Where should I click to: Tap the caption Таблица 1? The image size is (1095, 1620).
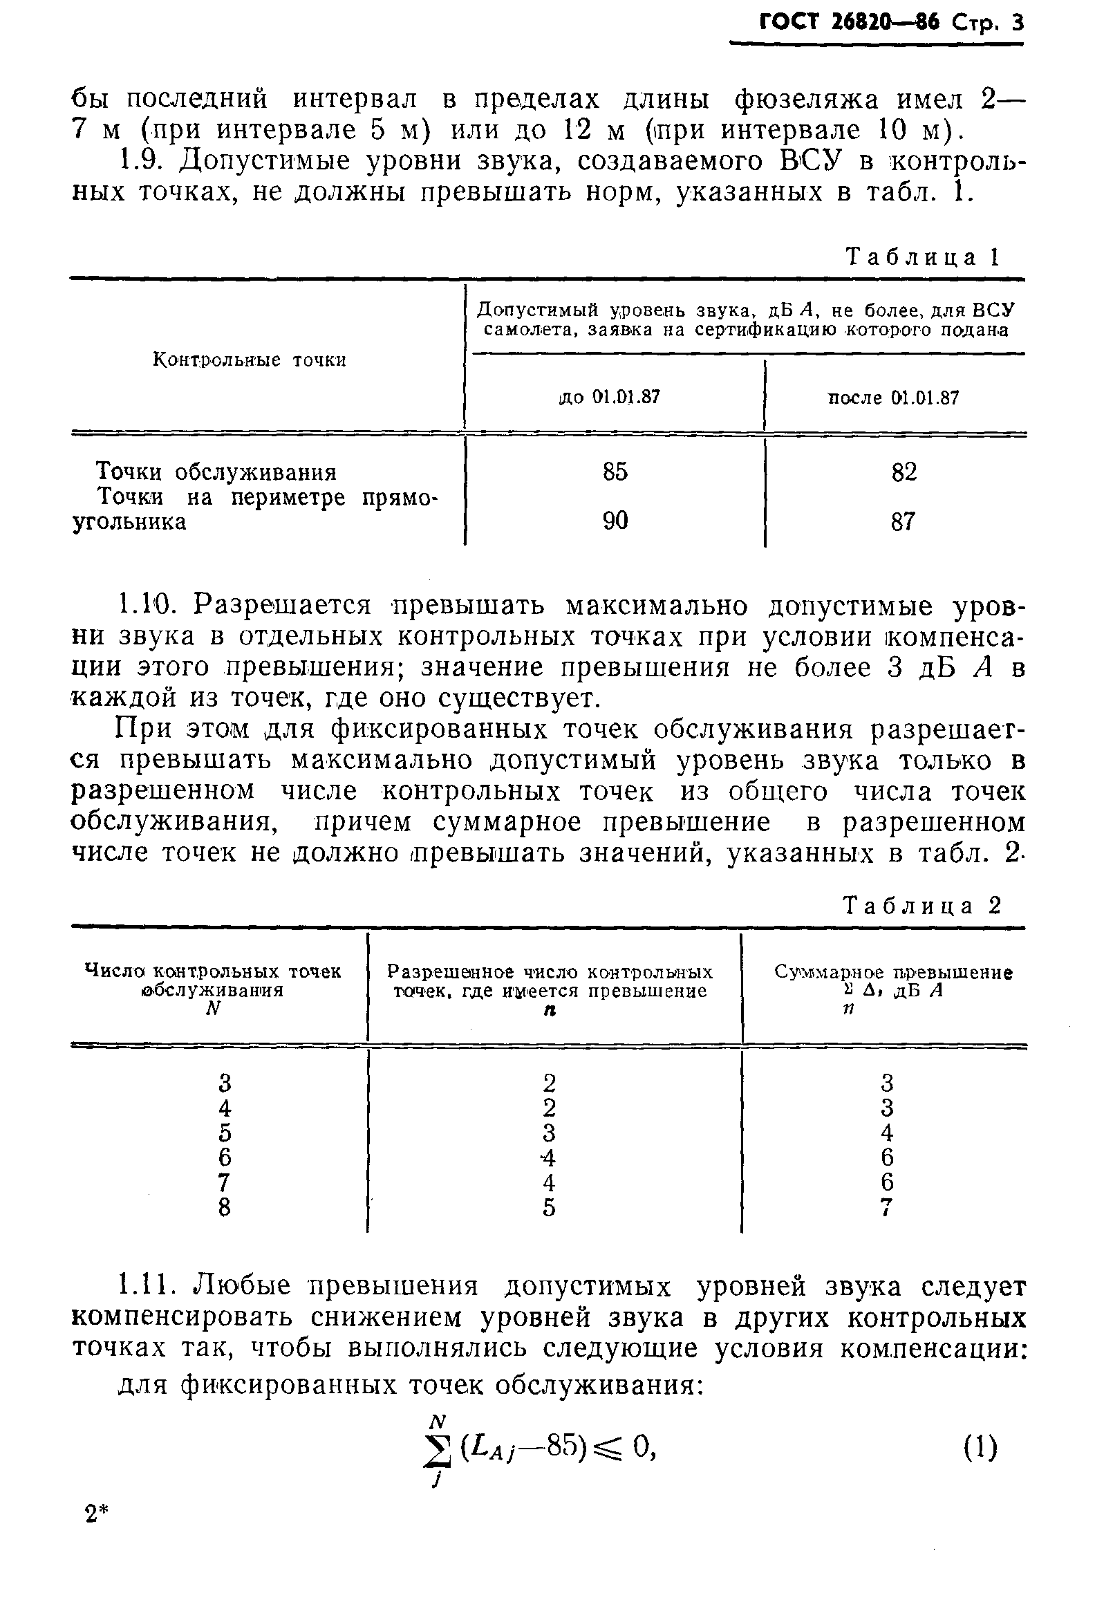click(923, 257)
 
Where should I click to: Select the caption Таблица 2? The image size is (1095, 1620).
click(921, 906)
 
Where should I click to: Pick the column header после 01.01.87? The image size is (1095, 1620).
click(893, 398)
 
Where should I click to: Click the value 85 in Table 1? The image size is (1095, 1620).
click(615, 472)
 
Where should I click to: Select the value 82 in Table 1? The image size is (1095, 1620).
click(904, 472)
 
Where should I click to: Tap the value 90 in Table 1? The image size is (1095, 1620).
click(615, 521)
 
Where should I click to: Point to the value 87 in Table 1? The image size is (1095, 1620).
click(903, 521)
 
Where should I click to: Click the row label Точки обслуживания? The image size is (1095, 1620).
click(216, 473)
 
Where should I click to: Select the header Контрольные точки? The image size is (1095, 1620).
click(249, 360)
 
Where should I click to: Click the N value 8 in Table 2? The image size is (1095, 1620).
click(224, 1207)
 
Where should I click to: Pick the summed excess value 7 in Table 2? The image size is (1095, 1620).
click(887, 1207)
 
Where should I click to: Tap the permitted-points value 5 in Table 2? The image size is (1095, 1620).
click(549, 1207)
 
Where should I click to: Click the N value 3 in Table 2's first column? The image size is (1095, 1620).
click(224, 1083)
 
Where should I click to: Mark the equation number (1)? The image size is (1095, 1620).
click(980, 1449)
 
